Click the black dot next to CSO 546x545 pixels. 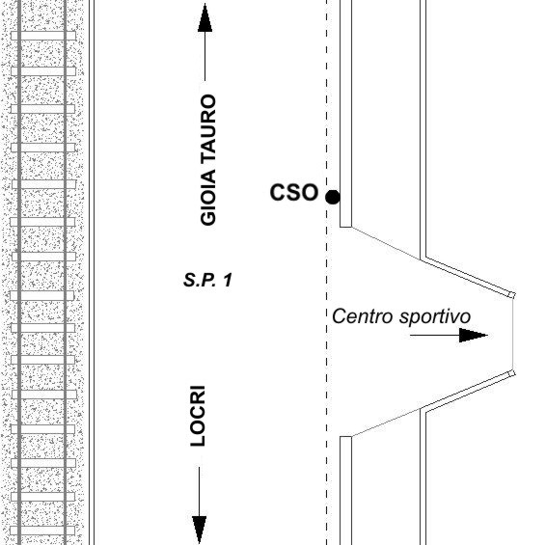point(333,197)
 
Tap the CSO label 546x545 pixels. point(294,192)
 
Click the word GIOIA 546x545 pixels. point(208,198)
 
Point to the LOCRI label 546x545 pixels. point(198,416)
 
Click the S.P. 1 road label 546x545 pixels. point(207,280)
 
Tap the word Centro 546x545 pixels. point(363,316)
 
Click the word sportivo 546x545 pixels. point(435,317)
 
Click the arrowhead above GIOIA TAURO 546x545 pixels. point(205,17)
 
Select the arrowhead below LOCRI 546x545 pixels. point(199,529)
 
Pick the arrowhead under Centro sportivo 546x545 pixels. point(473,336)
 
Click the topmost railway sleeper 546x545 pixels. point(43,36)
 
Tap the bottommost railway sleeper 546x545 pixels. point(42,531)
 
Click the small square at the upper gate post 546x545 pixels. point(511,295)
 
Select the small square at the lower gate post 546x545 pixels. point(511,373)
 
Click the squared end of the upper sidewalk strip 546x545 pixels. point(345,227)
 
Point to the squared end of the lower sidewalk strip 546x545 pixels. point(345,437)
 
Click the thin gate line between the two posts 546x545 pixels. point(512,335)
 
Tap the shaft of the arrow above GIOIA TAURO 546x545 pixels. point(205,56)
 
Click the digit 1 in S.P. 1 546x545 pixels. point(228,280)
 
